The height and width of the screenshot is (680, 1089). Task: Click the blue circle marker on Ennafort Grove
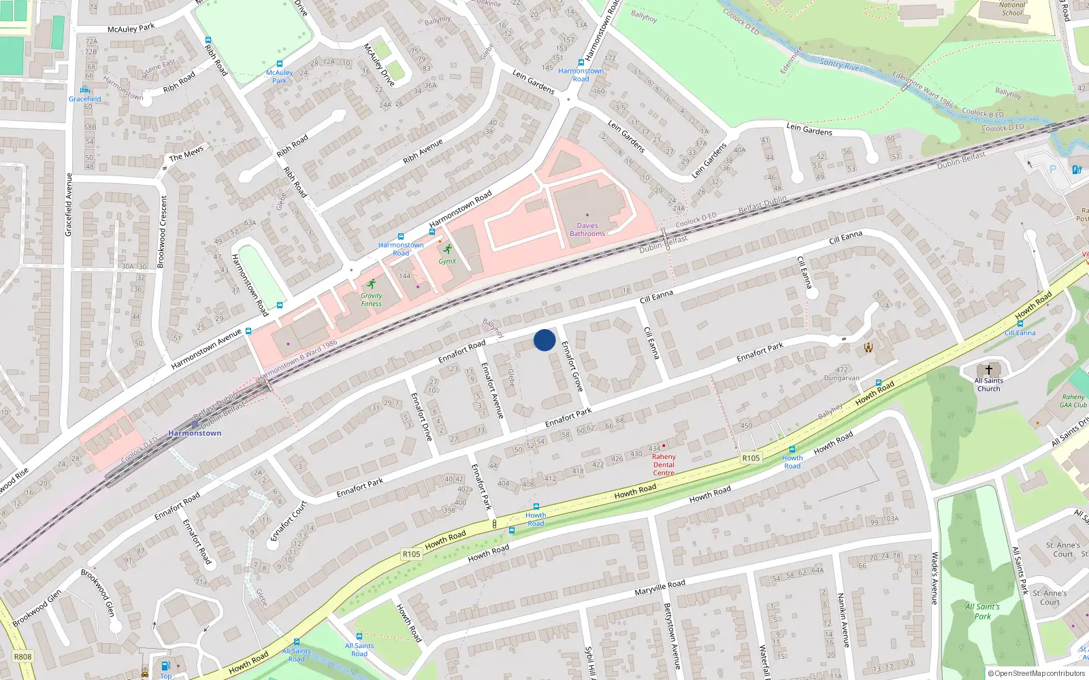[544, 340]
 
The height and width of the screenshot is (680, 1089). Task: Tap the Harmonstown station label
[195, 433]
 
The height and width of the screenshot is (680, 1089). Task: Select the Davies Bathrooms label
[587, 230]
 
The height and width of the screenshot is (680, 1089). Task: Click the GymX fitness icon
[447, 249]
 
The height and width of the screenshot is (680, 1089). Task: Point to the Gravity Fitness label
[371, 300]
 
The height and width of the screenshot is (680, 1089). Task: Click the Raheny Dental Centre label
[664, 464]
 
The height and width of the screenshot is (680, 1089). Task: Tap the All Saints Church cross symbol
[989, 371]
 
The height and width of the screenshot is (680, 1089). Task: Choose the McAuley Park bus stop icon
[280, 64]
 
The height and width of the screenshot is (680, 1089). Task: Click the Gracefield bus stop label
[84, 99]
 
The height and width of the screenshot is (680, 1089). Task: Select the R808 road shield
[22, 657]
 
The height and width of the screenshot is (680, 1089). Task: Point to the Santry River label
[841, 65]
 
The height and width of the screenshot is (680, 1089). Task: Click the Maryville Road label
[660, 588]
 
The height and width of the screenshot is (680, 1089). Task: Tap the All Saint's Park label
[982, 611]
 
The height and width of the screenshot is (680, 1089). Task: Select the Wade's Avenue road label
[934, 578]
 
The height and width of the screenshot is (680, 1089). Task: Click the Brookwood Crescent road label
[162, 232]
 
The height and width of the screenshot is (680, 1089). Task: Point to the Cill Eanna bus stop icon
[1020, 324]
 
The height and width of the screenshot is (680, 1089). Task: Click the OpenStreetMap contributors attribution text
[1037, 673]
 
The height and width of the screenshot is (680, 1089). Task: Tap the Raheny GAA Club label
[1073, 401]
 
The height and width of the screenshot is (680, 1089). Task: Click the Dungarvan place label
[841, 378]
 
